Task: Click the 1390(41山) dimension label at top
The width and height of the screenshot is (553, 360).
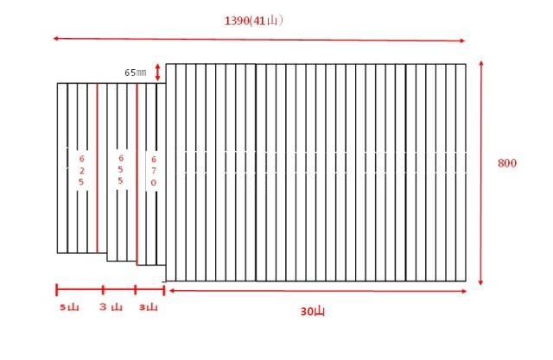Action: (253, 21)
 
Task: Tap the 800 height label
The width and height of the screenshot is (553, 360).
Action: (507, 163)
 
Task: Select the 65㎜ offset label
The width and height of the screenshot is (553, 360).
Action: (136, 73)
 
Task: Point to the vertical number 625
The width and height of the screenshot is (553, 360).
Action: (81, 170)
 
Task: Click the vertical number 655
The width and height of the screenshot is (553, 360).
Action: (120, 169)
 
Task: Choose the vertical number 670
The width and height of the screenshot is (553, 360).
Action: (154, 171)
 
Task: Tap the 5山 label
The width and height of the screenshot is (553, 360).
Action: (69, 307)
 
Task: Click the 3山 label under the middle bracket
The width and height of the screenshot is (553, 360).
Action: (111, 307)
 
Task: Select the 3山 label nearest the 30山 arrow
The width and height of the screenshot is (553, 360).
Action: (148, 307)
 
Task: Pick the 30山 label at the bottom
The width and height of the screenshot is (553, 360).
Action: (313, 311)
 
